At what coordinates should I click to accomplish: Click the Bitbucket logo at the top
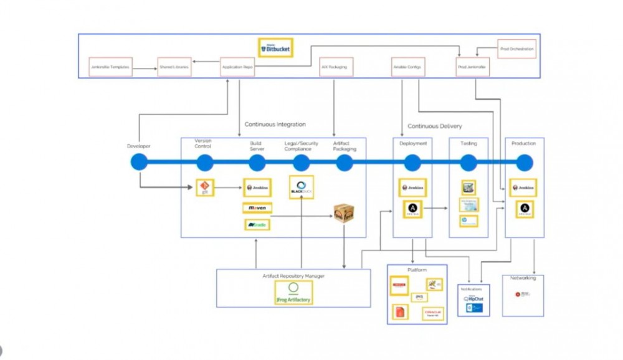275,48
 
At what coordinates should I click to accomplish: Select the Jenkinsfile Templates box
110,67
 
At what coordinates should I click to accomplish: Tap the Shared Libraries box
174,67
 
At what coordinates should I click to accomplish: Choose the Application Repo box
237,67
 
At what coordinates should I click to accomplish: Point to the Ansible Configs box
408,67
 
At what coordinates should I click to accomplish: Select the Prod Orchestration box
517,49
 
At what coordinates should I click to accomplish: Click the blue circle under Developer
139,163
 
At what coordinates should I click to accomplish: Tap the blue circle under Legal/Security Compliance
301,163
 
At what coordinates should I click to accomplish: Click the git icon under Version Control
205,187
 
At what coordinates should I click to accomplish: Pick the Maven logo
257,208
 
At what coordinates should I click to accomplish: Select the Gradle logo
257,224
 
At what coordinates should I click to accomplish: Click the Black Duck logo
302,187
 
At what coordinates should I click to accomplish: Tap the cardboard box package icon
344,214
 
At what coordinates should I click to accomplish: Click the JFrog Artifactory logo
293,292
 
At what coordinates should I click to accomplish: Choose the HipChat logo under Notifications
473,299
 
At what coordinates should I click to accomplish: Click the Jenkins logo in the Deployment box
412,187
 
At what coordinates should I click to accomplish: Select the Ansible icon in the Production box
525,209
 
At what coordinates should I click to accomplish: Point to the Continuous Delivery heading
435,126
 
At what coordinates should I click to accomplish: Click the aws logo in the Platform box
419,298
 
